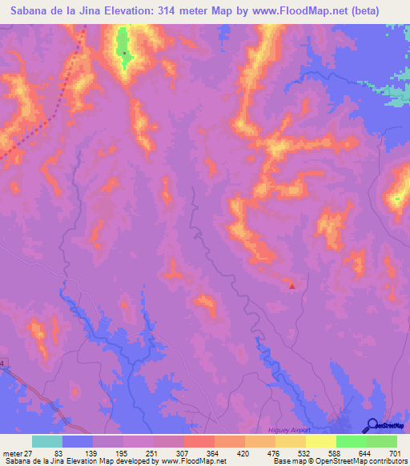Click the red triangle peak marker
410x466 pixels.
point(292,285)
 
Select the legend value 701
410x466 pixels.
point(396,453)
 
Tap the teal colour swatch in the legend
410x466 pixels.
point(47,441)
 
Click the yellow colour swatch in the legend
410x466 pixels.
point(321,441)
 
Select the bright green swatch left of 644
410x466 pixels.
point(352,441)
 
